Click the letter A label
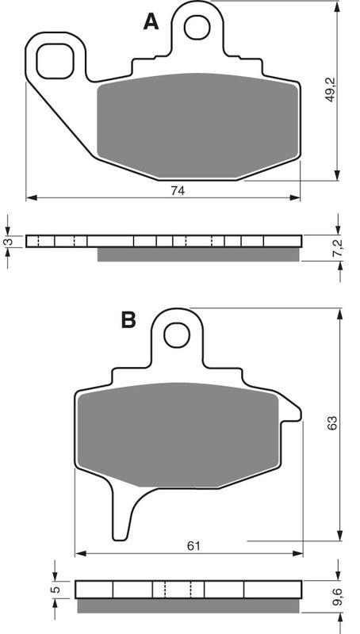(150, 23)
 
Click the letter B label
(128, 319)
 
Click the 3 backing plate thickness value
(10, 241)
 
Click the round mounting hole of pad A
(195, 27)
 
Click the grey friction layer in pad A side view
(198, 254)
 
